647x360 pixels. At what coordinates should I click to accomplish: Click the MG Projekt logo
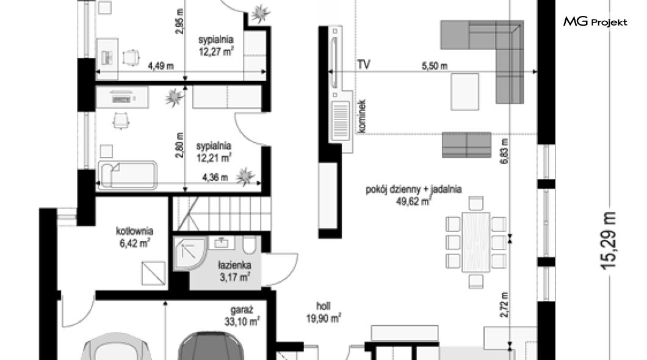tap(595, 21)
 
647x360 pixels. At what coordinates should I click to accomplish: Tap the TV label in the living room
tap(364, 65)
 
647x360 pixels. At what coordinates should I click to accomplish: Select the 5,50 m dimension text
tap(435, 65)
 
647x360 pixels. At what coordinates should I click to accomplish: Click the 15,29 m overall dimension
tap(608, 241)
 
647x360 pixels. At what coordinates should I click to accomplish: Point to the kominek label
tap(362, 116)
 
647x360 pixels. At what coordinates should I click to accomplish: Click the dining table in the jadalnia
tap(475, 242)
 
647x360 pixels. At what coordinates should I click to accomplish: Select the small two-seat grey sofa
tap(467, 145)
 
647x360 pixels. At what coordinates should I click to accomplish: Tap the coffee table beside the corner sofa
tap(465, 92)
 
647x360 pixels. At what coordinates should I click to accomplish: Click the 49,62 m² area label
tap(413, 201)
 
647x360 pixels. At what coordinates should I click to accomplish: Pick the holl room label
tap(323, 306)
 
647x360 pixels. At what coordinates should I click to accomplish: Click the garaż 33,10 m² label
tap(242, 316)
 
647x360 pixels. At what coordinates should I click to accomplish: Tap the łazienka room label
tap(235, 265)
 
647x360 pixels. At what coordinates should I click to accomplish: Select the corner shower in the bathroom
tap(189, 254)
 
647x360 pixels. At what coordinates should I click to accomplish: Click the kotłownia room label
tap(134, 231)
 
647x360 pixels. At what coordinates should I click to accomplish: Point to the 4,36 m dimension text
tap(215, 178)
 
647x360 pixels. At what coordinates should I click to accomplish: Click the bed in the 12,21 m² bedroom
tap(128, 175)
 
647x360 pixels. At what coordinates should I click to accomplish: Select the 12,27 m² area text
tap(216, 52)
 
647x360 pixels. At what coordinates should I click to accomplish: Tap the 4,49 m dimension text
tap(161, 66)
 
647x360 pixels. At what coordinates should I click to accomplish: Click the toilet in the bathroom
tap(249, 245)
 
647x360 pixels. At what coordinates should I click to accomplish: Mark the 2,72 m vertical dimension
tap(504, 304)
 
